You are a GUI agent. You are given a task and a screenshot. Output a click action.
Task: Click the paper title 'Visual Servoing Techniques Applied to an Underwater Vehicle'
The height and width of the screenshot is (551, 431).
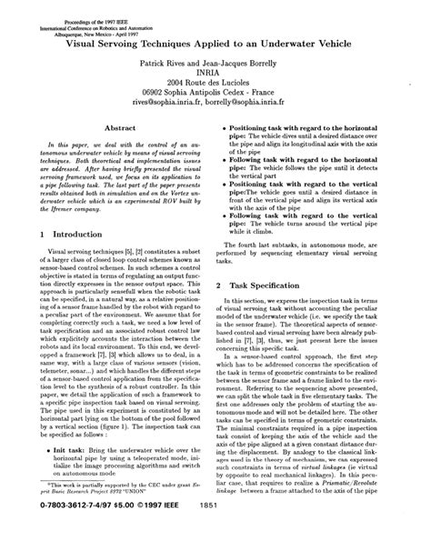215,43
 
